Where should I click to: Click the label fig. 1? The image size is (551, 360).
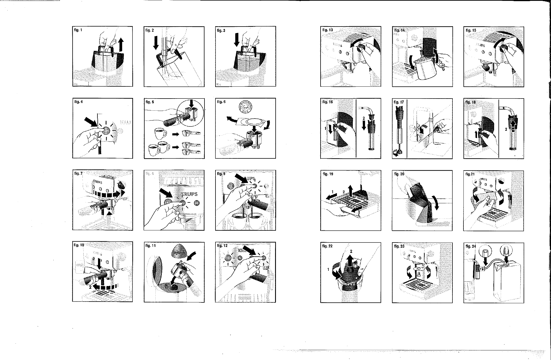(78, 30)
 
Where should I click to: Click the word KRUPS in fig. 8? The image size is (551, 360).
(187, 194)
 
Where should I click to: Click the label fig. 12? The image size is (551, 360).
(222, 246)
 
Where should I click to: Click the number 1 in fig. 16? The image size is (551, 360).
(326, 128)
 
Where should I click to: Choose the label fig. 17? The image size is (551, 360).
(398, 102)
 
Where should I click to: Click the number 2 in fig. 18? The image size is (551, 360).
(506, 129)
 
